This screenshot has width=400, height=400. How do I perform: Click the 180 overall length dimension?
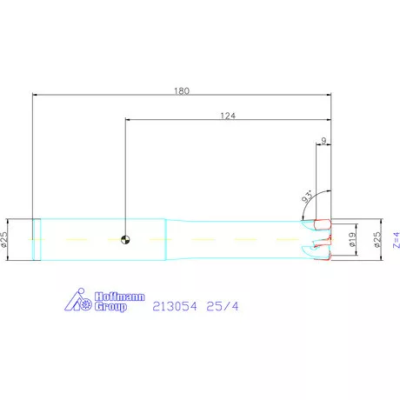point(182,90)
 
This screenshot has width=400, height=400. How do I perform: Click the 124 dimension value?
point(228,115)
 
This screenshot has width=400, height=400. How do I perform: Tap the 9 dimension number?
point(323,139)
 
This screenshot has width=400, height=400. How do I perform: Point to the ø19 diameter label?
point(352,240)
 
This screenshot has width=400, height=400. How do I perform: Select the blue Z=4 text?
point(394,240)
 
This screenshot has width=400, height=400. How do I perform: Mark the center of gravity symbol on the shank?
point(126,239)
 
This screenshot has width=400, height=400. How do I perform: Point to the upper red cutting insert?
point(324,225)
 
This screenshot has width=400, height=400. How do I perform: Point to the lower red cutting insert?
point(325,253)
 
